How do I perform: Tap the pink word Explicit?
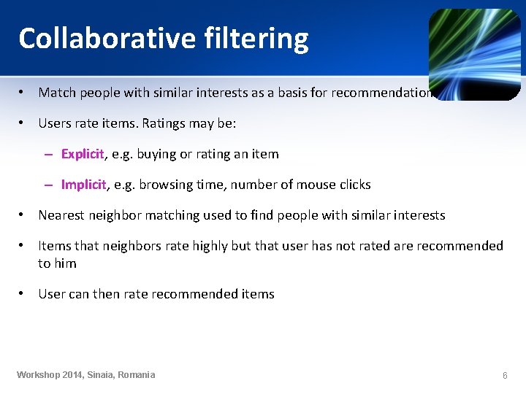click(83, 154)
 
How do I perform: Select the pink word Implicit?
click(83, 185)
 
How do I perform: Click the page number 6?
click(504, 375)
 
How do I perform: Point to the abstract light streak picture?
click(474, 55)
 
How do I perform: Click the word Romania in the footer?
click(134, 375)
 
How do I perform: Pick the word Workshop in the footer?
click(39, 375)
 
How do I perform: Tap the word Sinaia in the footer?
click(101, 375)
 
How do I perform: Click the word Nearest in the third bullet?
click(62, 215)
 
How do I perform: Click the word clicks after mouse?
click(354, 185)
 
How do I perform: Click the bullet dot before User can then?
click(23, 294)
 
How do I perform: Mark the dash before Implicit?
click(48, 185)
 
